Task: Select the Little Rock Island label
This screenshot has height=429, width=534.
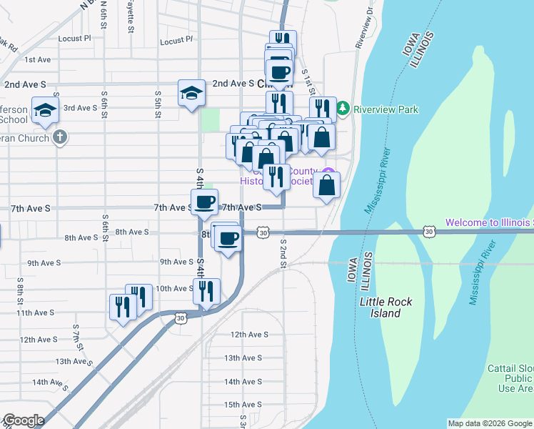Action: point(386,307)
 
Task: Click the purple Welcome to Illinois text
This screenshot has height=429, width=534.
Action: point(489,223)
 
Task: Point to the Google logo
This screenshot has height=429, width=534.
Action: point(23,420)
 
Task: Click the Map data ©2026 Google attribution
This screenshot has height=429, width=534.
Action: point(490,423)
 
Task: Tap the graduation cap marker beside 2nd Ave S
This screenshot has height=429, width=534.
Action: point(191,92)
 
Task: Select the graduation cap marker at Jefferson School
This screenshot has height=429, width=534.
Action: point(44,110)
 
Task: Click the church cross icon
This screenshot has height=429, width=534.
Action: point(60,137)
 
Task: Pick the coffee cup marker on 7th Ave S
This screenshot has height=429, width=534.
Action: point(205,202)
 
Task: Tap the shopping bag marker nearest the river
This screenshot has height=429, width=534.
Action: point(326,185)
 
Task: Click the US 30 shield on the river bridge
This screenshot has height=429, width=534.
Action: point(428,231)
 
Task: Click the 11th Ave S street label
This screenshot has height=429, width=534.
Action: point(36,313)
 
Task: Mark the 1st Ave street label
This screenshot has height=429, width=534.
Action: point(37,60)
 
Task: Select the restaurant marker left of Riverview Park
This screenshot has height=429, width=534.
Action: point(323,109)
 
